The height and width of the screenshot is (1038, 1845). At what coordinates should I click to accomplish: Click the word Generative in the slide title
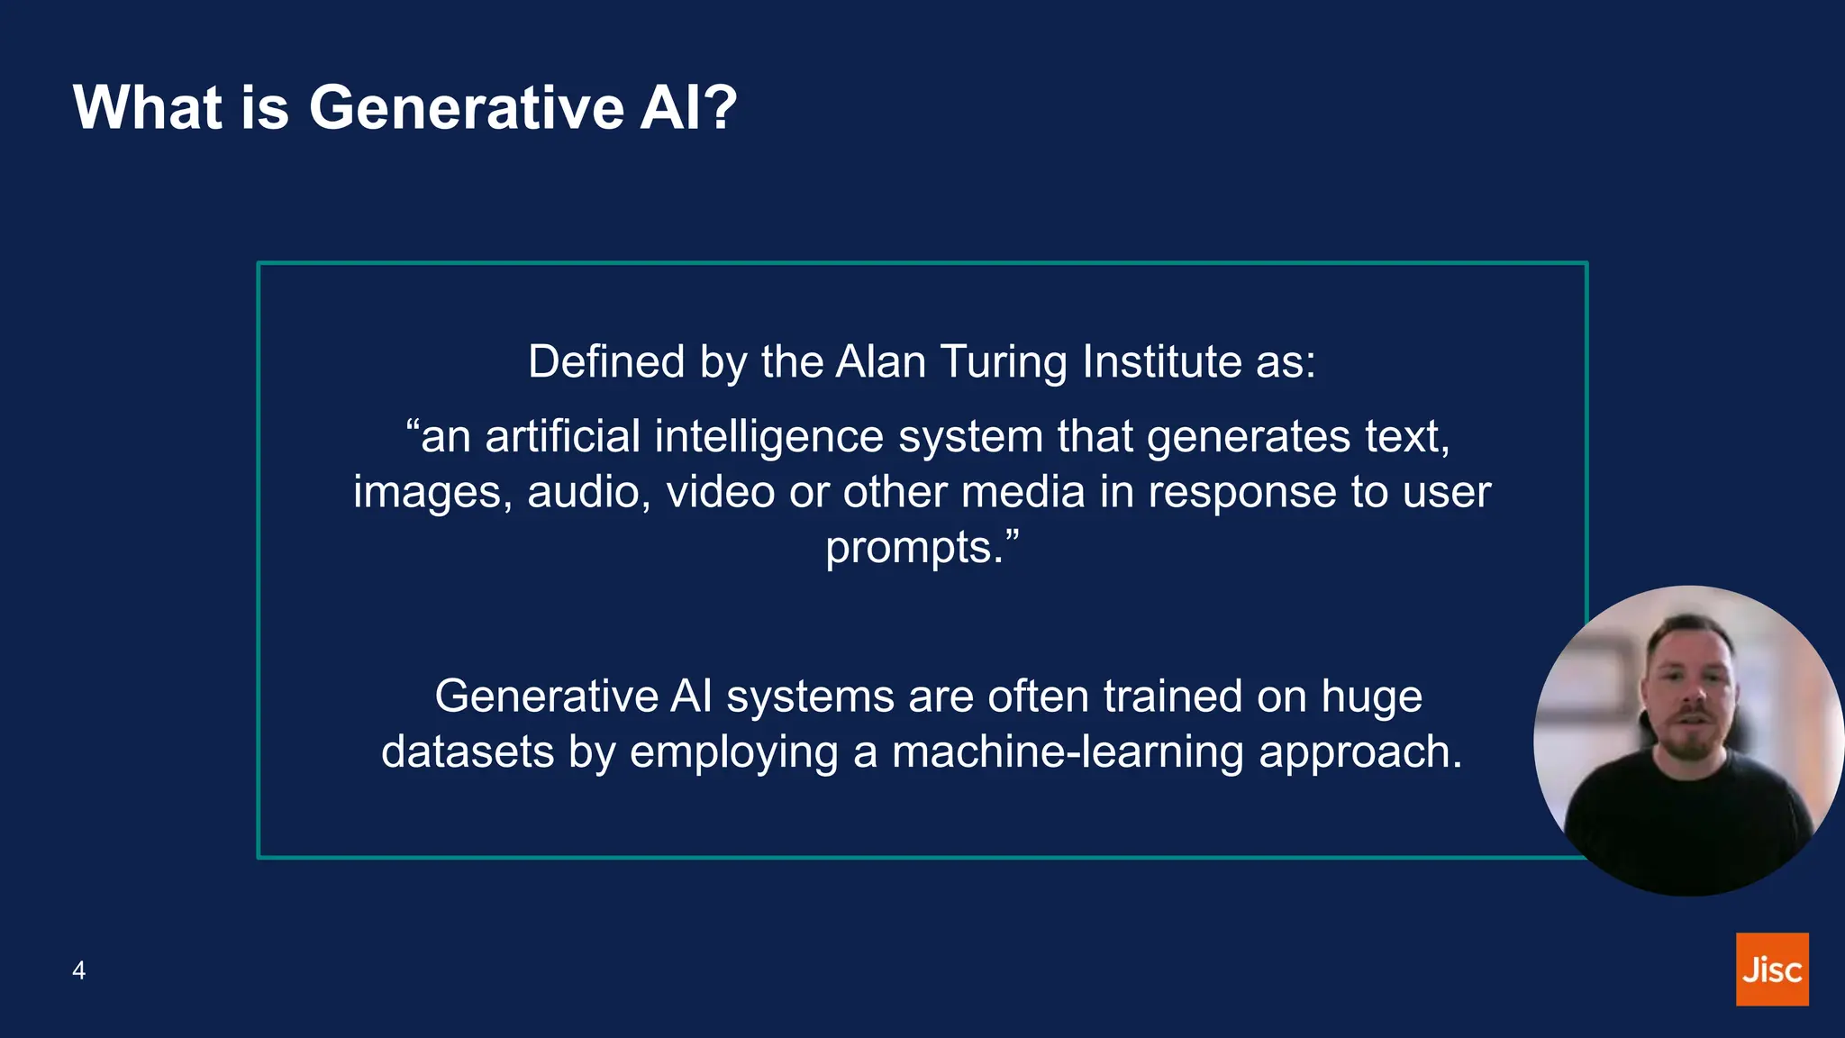pyautogui.click(x=467, y=107)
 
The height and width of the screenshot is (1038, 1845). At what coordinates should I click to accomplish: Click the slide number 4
pyautogui.click(x=79, y=970)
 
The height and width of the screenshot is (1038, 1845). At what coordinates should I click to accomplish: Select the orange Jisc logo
pyautogui.click(x=1772, y=970)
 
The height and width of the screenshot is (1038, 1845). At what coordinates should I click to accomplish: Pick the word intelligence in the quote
pyautogui.click(x=769, y=437)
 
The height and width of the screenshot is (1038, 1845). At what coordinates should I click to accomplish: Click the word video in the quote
pyautogui.click(x=721, y=493)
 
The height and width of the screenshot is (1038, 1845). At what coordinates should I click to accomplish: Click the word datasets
pyautogui.click(x=467, y=752)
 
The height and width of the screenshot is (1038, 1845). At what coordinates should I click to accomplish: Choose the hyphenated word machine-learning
pyautogui.click(x=1068, y=753)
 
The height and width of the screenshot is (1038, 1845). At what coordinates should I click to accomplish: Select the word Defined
pyautogui.click(x=606, y=362)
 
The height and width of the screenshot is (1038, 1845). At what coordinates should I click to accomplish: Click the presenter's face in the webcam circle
pyautogui.click(x=1688, y=694)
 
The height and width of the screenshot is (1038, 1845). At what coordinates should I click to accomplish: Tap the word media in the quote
pyautogui.click(x=1022, y=493)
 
